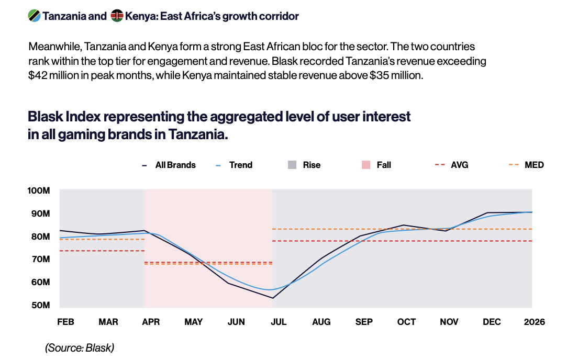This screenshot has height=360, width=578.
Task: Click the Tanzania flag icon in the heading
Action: pyautogui.click(x=34, y=16)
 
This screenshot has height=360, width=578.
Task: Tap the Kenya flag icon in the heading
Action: pyautogui.click(x=117, y=16)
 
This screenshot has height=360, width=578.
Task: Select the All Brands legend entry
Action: pyautogui.click(x=169, y=165)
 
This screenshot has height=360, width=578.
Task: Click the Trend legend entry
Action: pyautogui.click(x=234, y=165)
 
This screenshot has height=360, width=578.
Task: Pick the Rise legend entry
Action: pyautogui.click(x=304, y=165)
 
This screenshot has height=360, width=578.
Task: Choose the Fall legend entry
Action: pyautogui.click(x=376, y=165)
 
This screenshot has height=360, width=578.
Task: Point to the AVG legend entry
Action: pyautogui.click(x=451, y=165)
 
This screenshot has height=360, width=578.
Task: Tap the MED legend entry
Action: pyautogui.click(x=526, y=165)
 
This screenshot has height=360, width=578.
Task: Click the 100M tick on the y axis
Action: pyautogui.click(x=39, y=191)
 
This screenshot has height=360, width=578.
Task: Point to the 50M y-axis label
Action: pyautogui.click(x=40, y=305)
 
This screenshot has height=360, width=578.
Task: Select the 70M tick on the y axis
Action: pyautogui.click(x=40, y=260)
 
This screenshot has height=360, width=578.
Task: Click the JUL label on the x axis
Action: pyautogui.click(x=279, y=322)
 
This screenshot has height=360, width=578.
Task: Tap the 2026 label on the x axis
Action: pyautogui.click(x=535, y=322)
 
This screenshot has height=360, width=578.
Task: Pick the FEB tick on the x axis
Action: pyautogui.click(x=65, y=322)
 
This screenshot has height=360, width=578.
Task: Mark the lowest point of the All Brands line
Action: pyautogui.click(x=273, y=298)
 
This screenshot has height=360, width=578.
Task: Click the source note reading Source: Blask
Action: pyautogui.click(x=80, y=348)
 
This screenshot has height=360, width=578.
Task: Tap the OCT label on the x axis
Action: pyautogui.click(x=406, y=322)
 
